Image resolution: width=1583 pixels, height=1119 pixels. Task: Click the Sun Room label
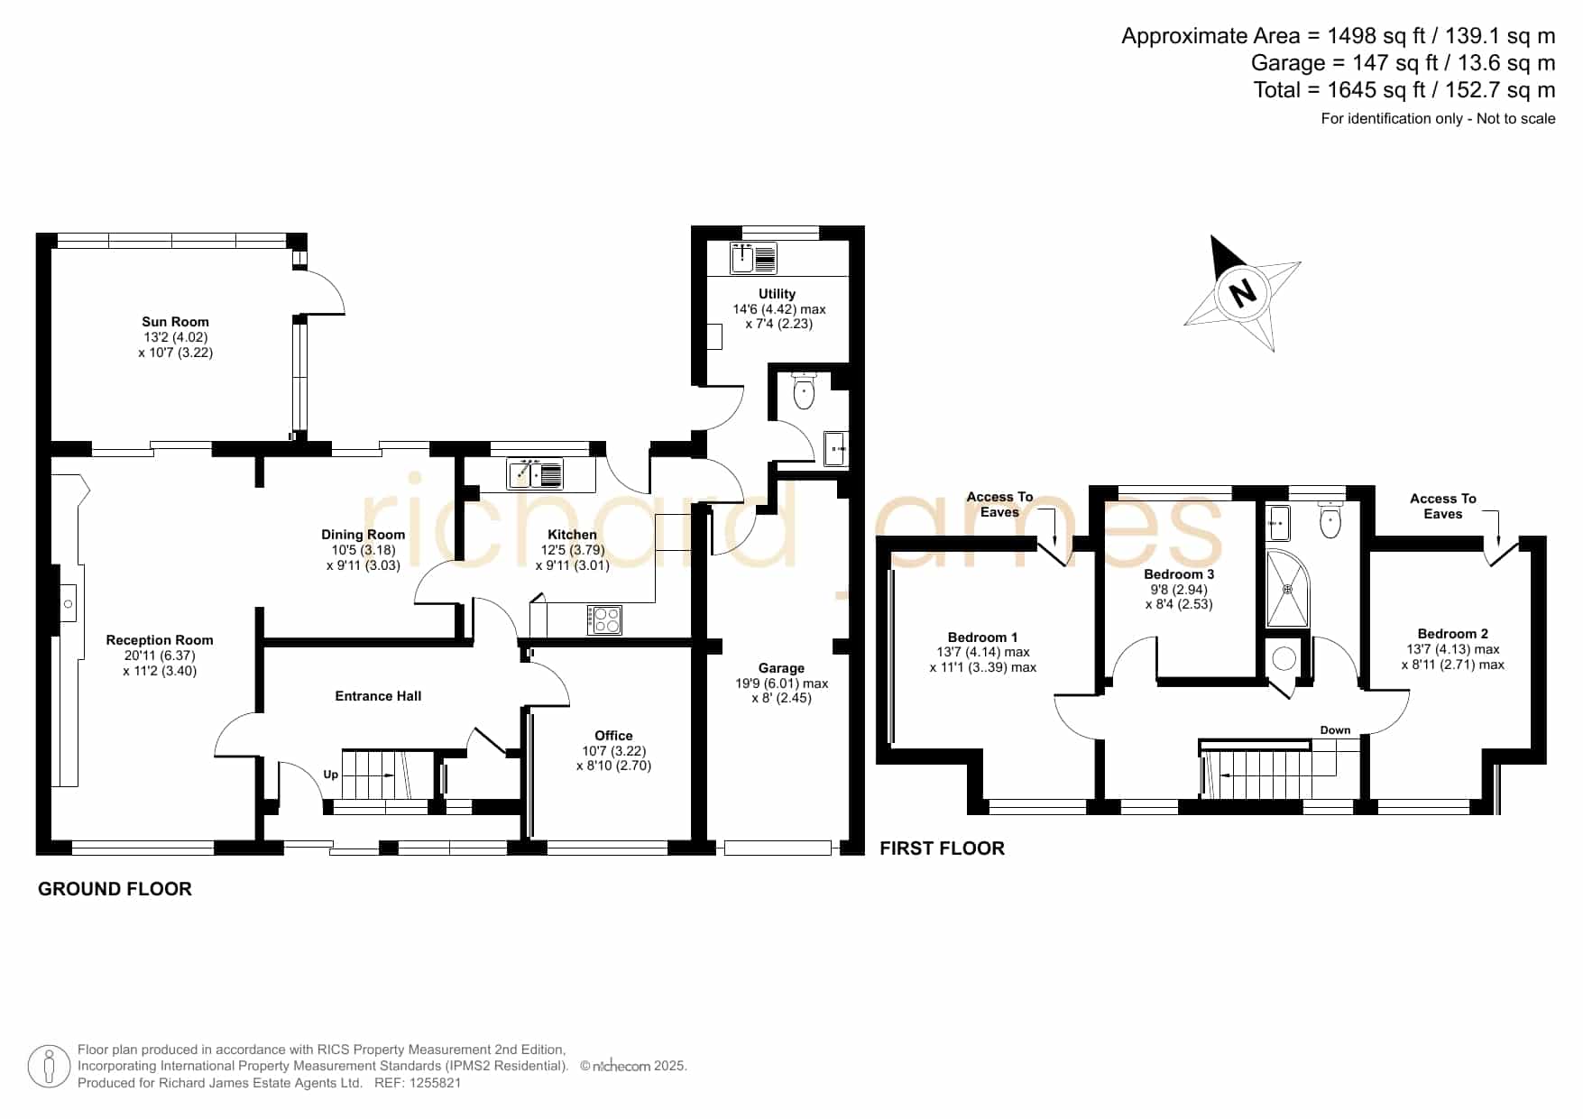[175, 322]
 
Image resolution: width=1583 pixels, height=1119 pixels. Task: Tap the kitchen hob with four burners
[604, 619]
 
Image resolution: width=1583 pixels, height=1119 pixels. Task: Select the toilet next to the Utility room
[804, 390]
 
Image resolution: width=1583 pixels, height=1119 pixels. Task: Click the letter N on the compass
[1243, 291]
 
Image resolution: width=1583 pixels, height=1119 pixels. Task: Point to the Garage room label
[781, 668]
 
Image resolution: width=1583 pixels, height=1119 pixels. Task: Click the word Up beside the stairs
[331, 775]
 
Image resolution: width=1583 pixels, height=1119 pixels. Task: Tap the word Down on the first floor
[1335, 730]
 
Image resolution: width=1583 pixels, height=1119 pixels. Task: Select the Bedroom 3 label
[1179, 574]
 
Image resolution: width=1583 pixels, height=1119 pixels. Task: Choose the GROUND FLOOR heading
[115, 889]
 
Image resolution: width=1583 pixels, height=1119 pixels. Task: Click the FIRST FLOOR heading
[942, 848]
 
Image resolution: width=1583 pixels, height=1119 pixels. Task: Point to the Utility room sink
[754, 259]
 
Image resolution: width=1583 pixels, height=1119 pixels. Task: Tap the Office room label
[613, 736]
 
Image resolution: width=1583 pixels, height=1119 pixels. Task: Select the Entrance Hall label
[378, 696]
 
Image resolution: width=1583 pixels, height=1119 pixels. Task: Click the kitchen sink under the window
[536, 473]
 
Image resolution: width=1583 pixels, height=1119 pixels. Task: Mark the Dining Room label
[363, 535]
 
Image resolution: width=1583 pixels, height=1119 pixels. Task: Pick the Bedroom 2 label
[1452, 634]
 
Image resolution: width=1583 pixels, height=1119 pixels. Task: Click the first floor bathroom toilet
[1330, 520]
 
